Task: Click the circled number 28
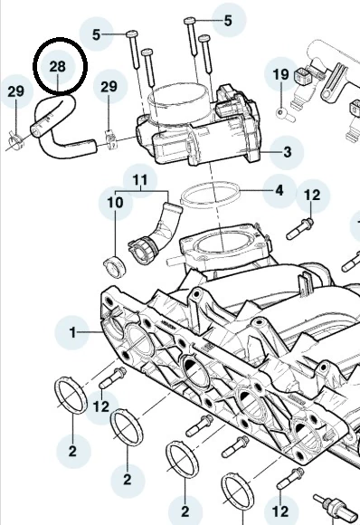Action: (58, 66)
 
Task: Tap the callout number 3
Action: (287, 152)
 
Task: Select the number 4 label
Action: (279, 190)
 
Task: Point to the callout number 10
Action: (115, 203)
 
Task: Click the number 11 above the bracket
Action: (140, 180)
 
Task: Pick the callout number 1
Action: (72, 332)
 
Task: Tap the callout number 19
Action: (280, 74)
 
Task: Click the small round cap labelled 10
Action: (115, 267)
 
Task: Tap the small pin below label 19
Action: (285, 115)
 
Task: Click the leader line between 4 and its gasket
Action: (257, 191)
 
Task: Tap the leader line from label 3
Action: (270, 152)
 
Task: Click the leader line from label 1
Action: (90, 332)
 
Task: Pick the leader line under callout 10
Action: (115, 234)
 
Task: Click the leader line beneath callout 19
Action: (281, 95)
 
